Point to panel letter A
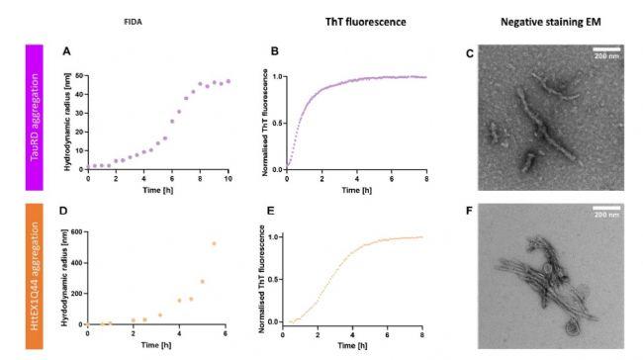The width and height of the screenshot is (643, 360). (x=66, y=50)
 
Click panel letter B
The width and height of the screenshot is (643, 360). (x=259, y=50)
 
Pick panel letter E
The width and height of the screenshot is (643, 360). (x=259, y=211)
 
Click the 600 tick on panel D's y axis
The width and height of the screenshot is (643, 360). (x=78, y=234)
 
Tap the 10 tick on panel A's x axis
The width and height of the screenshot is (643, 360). (x=229, y=177)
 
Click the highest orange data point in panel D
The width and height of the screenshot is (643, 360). (x=213, y=244)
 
